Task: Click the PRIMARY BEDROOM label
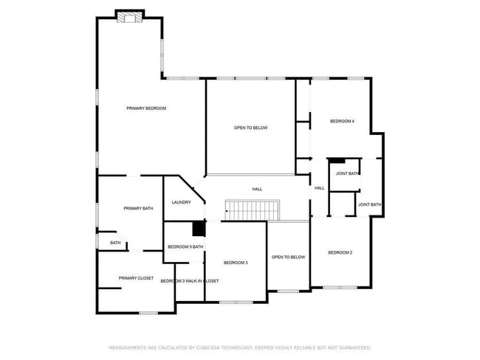pos(146,108)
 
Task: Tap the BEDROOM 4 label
pos(342,120)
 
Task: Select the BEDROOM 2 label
pos(340,252)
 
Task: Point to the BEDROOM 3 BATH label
pos(185,246)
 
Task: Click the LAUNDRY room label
pos(182,203)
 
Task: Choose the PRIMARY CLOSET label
pos(136,278)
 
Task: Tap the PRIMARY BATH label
pos(138,209)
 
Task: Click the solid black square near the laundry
pos(198,229)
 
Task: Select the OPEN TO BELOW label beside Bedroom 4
pos(250,128)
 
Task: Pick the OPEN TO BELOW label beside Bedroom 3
pos(288,257)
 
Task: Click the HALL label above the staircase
pos(257,189)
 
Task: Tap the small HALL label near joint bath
pos(319,188)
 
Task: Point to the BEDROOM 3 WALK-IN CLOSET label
pos(190,281)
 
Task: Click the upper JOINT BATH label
pos(347,173)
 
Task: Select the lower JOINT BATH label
pos(369,204)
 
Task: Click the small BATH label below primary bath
pos(115,242)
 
